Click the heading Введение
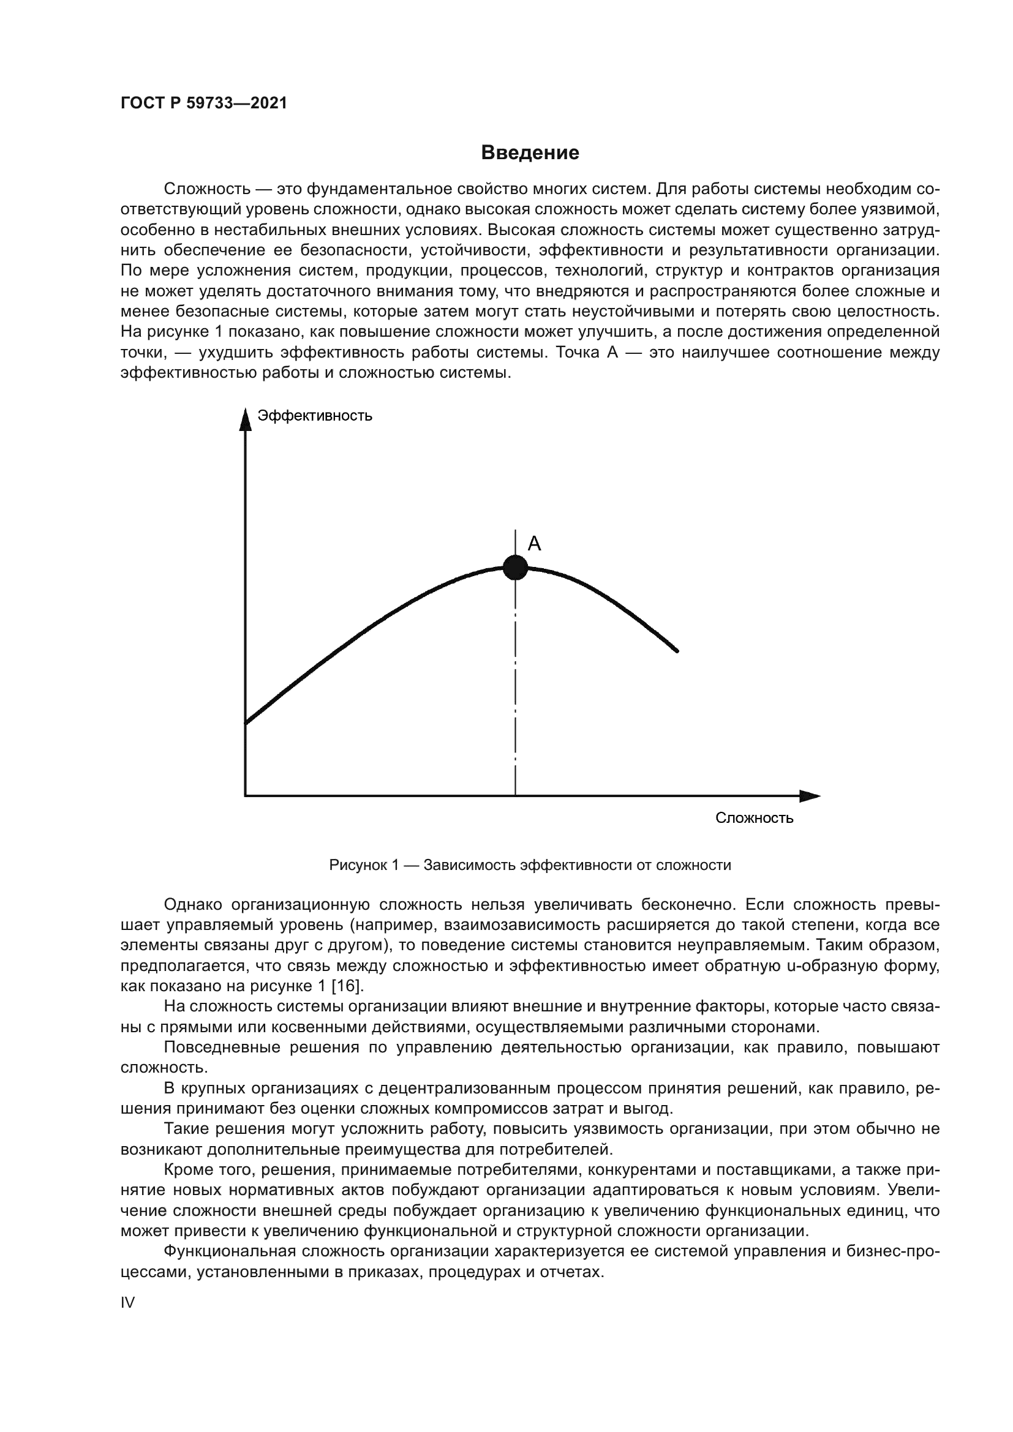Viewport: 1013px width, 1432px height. pos(530,153)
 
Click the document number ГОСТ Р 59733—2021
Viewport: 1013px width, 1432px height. pos(204,103)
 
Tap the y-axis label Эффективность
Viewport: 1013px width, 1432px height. pos(314,416)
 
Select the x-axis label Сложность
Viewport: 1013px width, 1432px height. pos(753,818)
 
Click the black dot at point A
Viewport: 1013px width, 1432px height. pos(515,568)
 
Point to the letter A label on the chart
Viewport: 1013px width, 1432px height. pos(534,544)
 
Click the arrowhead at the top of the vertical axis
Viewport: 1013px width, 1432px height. pos(246,419)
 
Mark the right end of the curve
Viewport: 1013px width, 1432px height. pos(677,651)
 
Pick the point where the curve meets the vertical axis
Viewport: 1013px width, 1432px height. pos(246,724)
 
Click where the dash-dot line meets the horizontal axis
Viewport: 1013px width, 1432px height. pos(515,796)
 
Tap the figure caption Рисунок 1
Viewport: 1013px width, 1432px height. pos(530,865)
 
